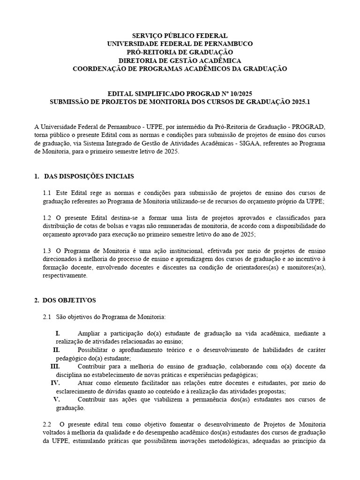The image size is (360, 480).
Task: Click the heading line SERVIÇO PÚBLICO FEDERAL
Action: coord(180,36)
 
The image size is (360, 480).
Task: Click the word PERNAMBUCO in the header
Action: coord(226,44)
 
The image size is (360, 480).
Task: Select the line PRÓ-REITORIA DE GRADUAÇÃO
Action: coord(180,52)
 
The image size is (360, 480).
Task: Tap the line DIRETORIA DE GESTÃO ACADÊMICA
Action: coord(180,60)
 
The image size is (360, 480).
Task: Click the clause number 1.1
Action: coord(47,193)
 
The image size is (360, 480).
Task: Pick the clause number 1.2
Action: coord(47,218)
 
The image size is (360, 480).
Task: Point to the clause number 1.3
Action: coord(47,251)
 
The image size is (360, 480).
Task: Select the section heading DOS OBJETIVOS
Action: coord(69,300)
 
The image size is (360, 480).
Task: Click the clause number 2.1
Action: coord(47,317)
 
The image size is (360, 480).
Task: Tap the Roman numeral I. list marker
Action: coord(58,333)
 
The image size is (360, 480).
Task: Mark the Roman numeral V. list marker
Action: coord(57,399)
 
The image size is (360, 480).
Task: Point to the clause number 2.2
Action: coord(47,424)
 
